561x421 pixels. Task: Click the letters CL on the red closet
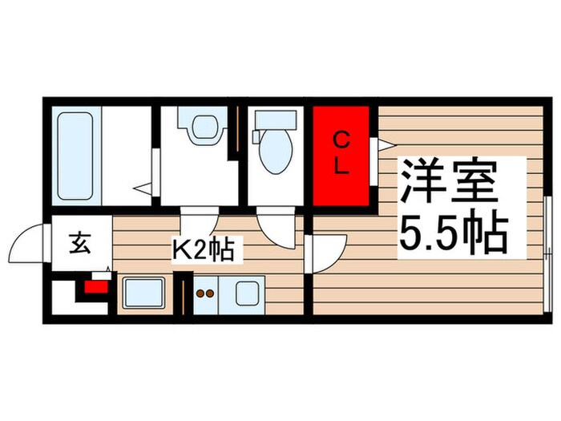(341, 155)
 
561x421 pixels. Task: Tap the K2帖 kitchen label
(204, 251)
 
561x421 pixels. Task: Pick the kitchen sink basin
(143, 294)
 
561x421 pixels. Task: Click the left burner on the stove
(200, 293)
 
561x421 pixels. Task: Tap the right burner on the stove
(212, 293)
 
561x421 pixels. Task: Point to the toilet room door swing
(276, 227)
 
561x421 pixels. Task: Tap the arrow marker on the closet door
(384, 144)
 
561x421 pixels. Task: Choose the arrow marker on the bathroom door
(142, 188)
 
